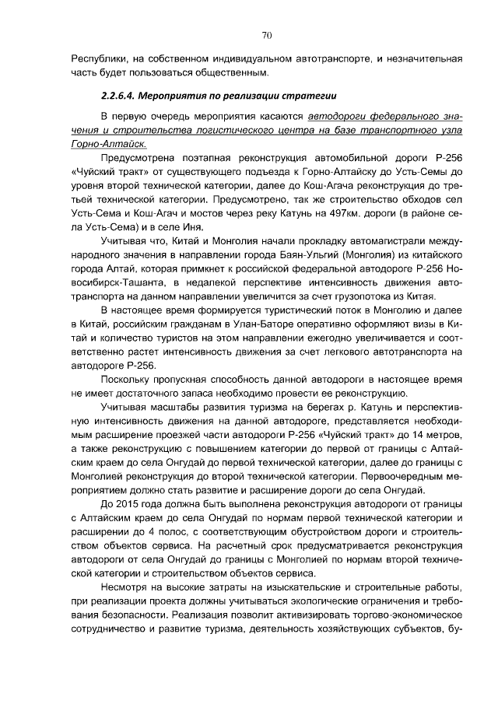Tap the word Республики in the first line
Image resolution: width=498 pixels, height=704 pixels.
point(98,58)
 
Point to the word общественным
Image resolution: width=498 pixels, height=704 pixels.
point(233,73)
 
